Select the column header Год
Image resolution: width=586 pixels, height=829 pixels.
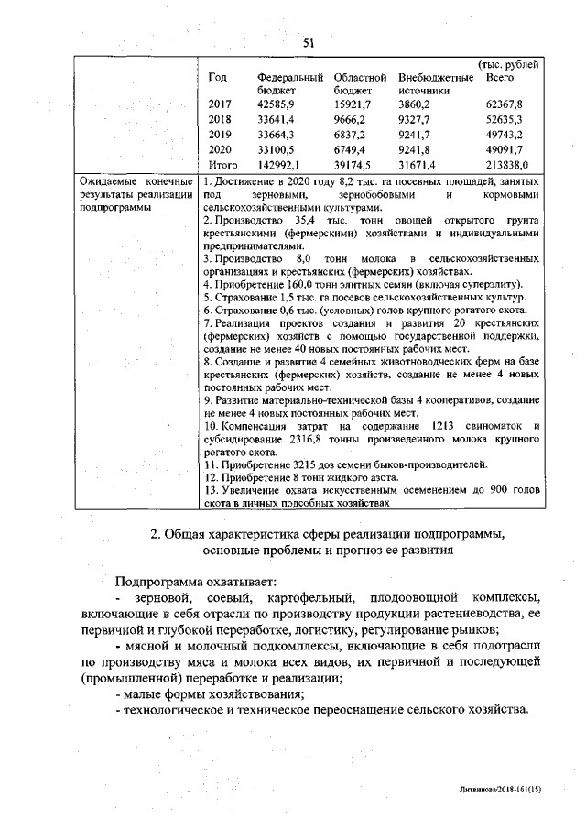218,78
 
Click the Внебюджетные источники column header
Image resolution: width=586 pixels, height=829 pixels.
436,84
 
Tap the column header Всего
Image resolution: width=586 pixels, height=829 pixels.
500,78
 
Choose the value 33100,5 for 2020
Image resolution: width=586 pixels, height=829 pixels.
277,149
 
